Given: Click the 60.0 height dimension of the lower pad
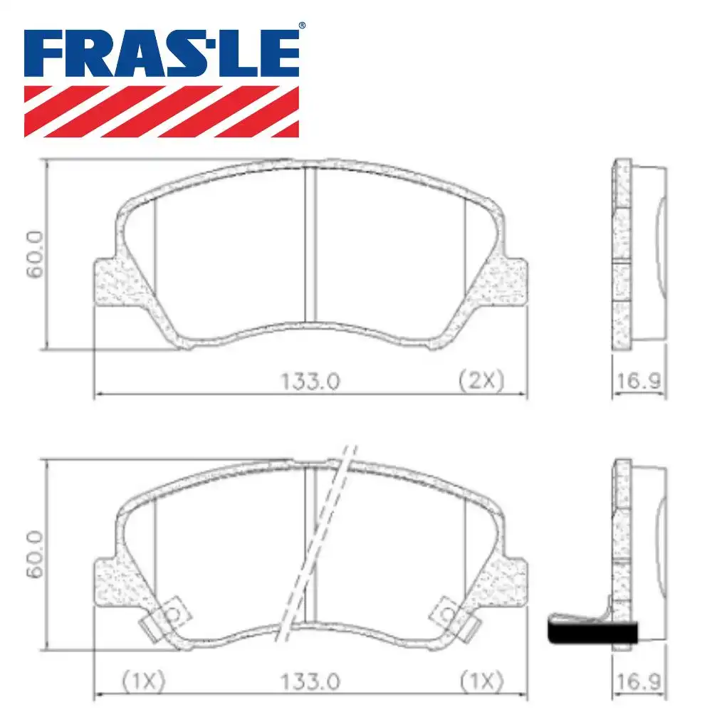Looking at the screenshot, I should [35, 555].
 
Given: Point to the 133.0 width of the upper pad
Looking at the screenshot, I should [312, 381].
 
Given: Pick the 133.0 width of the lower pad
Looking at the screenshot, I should [312, 681].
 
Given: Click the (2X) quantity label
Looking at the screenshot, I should [480, 381].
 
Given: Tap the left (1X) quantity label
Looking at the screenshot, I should [142, 681].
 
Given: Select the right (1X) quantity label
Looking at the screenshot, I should [481, 681].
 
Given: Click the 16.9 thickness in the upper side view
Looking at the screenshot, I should [638, 381].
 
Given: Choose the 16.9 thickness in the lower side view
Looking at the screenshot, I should [638, 681].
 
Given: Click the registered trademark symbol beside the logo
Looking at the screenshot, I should [302, 26].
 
